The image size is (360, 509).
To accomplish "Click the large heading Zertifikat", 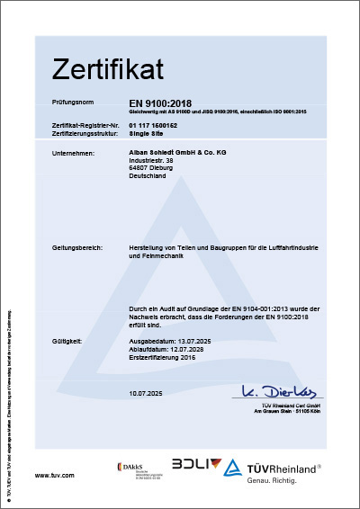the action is [107, 68].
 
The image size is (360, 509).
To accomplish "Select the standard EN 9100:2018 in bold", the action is [160, 103].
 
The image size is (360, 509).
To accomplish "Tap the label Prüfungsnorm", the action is [74, 103].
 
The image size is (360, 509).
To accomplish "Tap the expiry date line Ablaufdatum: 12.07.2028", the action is [173, 349].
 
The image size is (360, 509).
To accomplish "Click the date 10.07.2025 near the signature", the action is [147, 394].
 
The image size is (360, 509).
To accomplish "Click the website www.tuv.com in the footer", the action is [53, 475].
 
